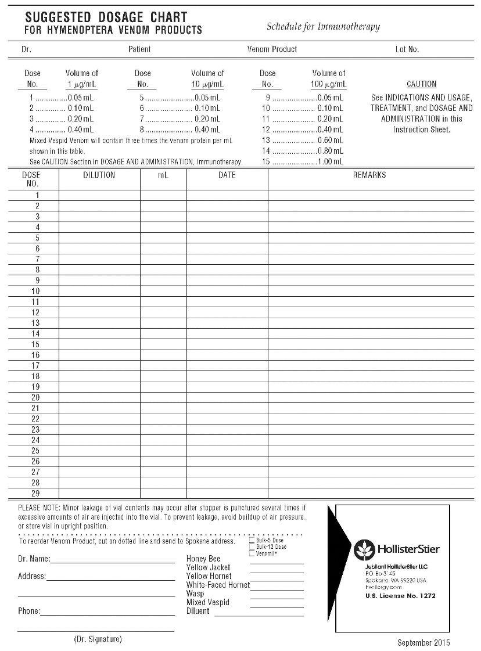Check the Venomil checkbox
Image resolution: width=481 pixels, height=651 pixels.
[252, 553]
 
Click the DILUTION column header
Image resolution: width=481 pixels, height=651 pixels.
[99, 175]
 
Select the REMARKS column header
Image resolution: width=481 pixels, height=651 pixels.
[369, 175]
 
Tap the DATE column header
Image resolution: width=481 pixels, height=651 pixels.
[227, 175]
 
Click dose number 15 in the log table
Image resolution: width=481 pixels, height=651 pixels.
[35, 344]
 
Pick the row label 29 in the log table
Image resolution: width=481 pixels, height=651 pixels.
[35, 494]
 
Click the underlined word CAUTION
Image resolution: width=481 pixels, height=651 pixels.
[421, 84]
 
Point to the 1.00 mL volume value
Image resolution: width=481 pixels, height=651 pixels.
[331, 162]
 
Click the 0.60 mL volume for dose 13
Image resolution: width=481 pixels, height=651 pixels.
[331, 141]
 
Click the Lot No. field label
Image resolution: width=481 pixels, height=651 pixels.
[407, 49]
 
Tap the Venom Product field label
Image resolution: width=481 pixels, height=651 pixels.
[272, 49]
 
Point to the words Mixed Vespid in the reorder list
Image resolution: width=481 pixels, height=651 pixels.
[207, 603]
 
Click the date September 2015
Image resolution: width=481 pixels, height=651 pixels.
[423, 643]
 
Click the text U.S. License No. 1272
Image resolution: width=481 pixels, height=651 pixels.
[400, 596]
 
